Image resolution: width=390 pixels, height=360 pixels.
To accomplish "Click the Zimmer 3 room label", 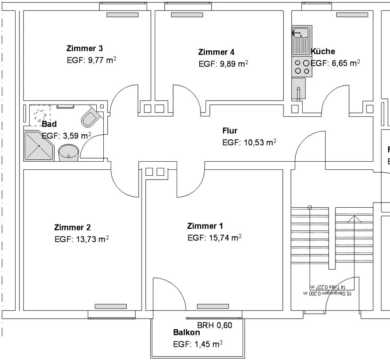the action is [85, 49].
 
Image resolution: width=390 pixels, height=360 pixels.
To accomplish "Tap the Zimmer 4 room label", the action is [216, 52].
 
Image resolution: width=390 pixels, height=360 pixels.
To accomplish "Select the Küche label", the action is [323, 52].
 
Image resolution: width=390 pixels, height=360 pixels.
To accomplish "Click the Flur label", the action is [230, 131].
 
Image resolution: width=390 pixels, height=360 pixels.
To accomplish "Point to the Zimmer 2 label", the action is [73, 228].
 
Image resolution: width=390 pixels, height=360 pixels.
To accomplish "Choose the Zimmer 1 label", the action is [205, 226].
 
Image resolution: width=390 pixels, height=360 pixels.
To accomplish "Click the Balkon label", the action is [186, 333].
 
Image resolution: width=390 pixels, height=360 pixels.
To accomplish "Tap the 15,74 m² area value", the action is [214, 238].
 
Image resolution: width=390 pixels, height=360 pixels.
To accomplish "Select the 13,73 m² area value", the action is [82, 239].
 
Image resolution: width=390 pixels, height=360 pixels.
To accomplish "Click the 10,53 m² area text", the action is [249, 143].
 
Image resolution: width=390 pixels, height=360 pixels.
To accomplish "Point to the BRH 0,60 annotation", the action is [214, 325].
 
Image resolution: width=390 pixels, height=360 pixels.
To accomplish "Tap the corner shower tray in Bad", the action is [38, 146].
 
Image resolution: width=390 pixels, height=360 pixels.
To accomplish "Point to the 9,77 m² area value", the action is [92, 61].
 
